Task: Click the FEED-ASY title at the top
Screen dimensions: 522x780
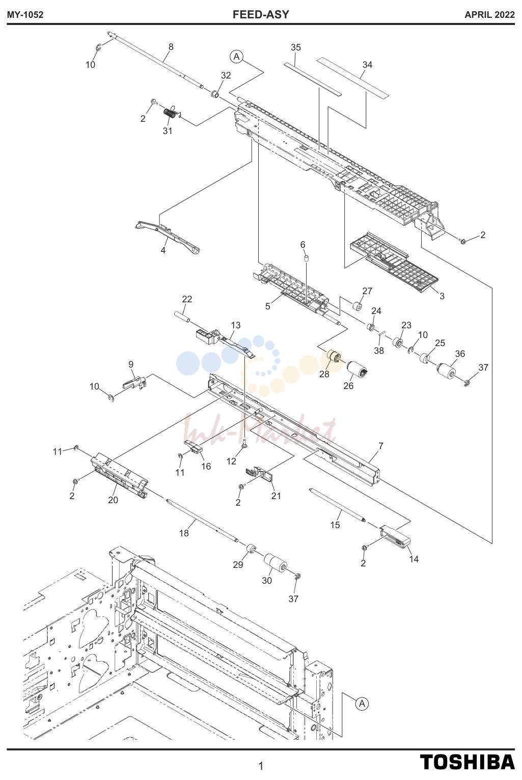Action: (261, 14)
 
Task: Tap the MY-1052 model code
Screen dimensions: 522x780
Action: (25, 15)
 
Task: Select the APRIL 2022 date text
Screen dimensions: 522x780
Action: (489, 15)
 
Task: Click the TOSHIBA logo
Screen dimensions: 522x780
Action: (467, 762)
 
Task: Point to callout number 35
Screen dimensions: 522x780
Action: (295, 47)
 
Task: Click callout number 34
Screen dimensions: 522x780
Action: (367, 65)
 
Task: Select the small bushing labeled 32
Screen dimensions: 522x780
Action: (214, 94)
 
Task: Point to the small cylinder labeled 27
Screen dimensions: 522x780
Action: (357, 306)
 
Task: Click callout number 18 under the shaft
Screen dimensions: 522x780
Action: (184, 533)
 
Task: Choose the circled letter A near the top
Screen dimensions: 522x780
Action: (237, 57)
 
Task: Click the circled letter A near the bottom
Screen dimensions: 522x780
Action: (362, 704)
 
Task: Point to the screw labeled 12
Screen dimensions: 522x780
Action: (244, 444)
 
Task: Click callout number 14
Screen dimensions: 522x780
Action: (414, 559)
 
